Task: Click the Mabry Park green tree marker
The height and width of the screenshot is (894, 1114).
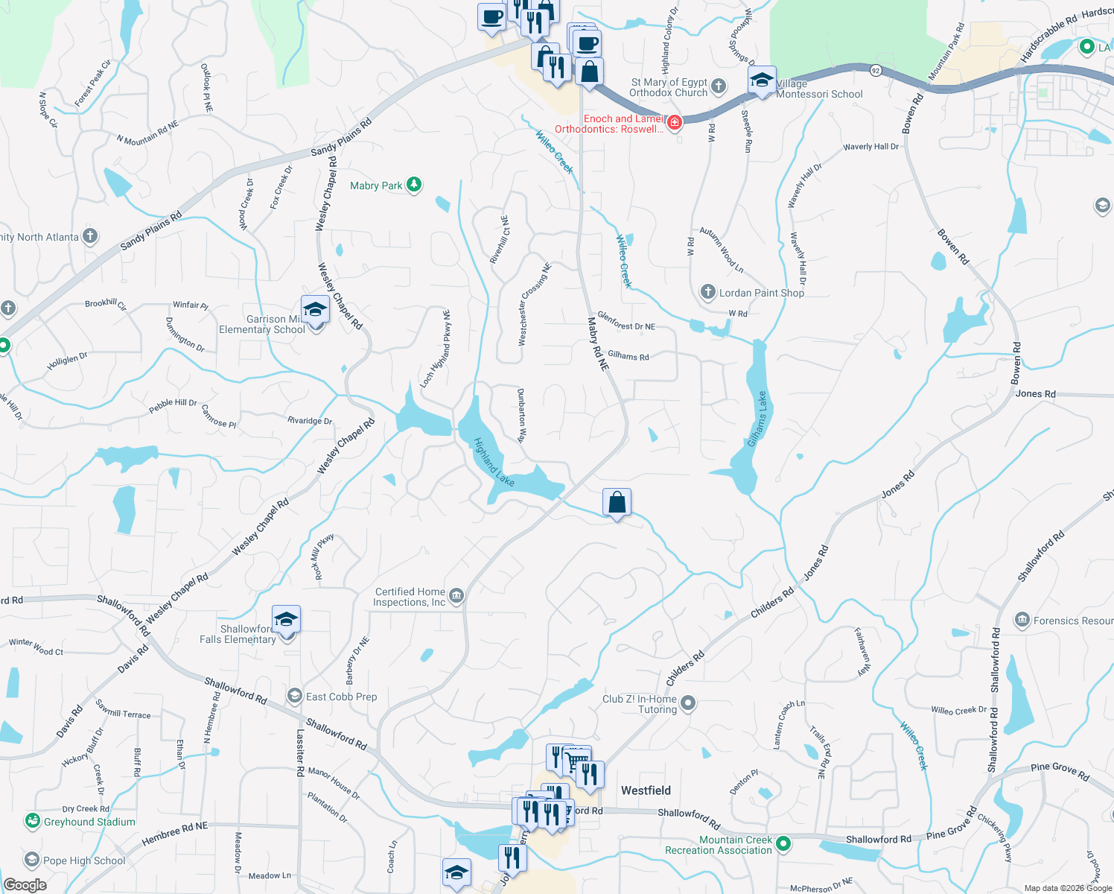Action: tap(414, 185)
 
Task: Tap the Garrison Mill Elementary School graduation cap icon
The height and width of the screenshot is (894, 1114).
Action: tap(315, 310)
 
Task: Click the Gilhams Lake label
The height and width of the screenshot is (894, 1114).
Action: tap(757, 419)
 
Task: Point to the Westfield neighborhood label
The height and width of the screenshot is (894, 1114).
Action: tap(646, 790)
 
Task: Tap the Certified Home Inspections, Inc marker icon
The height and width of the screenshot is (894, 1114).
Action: tap(456, 595)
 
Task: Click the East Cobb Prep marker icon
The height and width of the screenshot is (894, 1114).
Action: tap(295, 696)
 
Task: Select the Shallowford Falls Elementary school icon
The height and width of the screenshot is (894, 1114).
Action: tap(286, 620)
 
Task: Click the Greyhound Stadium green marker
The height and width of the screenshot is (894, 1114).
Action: tap(32, 821)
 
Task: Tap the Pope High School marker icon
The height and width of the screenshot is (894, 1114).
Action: tap(31, 860)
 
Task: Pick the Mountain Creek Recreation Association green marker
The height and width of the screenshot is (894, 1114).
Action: tap(783, 844)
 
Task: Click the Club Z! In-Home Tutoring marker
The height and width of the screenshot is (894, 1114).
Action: tap(688, 703)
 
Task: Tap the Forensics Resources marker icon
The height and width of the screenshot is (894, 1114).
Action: tap(1022, 620)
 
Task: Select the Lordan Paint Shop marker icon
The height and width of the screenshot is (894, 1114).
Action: tap(707, 292)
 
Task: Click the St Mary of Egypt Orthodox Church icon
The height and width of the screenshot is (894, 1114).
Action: tap(719, 86)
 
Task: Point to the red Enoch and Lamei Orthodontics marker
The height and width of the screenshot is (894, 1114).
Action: tap(675, 122)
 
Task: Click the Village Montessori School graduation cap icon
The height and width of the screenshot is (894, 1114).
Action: tap(762, 80)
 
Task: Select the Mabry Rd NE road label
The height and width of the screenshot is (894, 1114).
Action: tap(598, 344)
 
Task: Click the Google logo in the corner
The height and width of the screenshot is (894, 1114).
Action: tap(25, 884)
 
